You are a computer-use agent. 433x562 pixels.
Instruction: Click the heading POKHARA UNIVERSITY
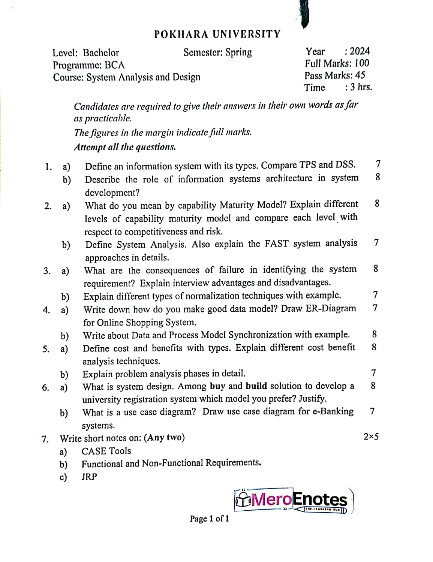pyautogui.click(x=217, y=34)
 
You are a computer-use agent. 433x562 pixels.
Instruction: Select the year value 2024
pyautogui.click(x=360, y=51)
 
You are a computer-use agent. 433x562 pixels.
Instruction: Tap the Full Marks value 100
pyautogui.click(x=362, y=63)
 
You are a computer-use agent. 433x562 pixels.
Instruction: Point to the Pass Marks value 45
pyautogui.click(x=360, y=75)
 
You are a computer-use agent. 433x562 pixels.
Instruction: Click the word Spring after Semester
pyautogui.click(x=238, y=52)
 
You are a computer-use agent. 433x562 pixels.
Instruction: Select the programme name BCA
pyautogui.click(x=115, y=65)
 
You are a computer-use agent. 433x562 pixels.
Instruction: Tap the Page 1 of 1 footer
pyautogui.click(x=209, y=519)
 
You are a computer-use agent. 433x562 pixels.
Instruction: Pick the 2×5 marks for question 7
pyautogui.click(x=371, y=436)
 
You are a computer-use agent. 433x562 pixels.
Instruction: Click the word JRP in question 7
pyautogui.click(x=89, y=477)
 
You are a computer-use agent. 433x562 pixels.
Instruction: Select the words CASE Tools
pyautogui.click(x=106, y=451)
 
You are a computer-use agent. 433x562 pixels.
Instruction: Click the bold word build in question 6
pyautogui.click(x=256, y=386)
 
